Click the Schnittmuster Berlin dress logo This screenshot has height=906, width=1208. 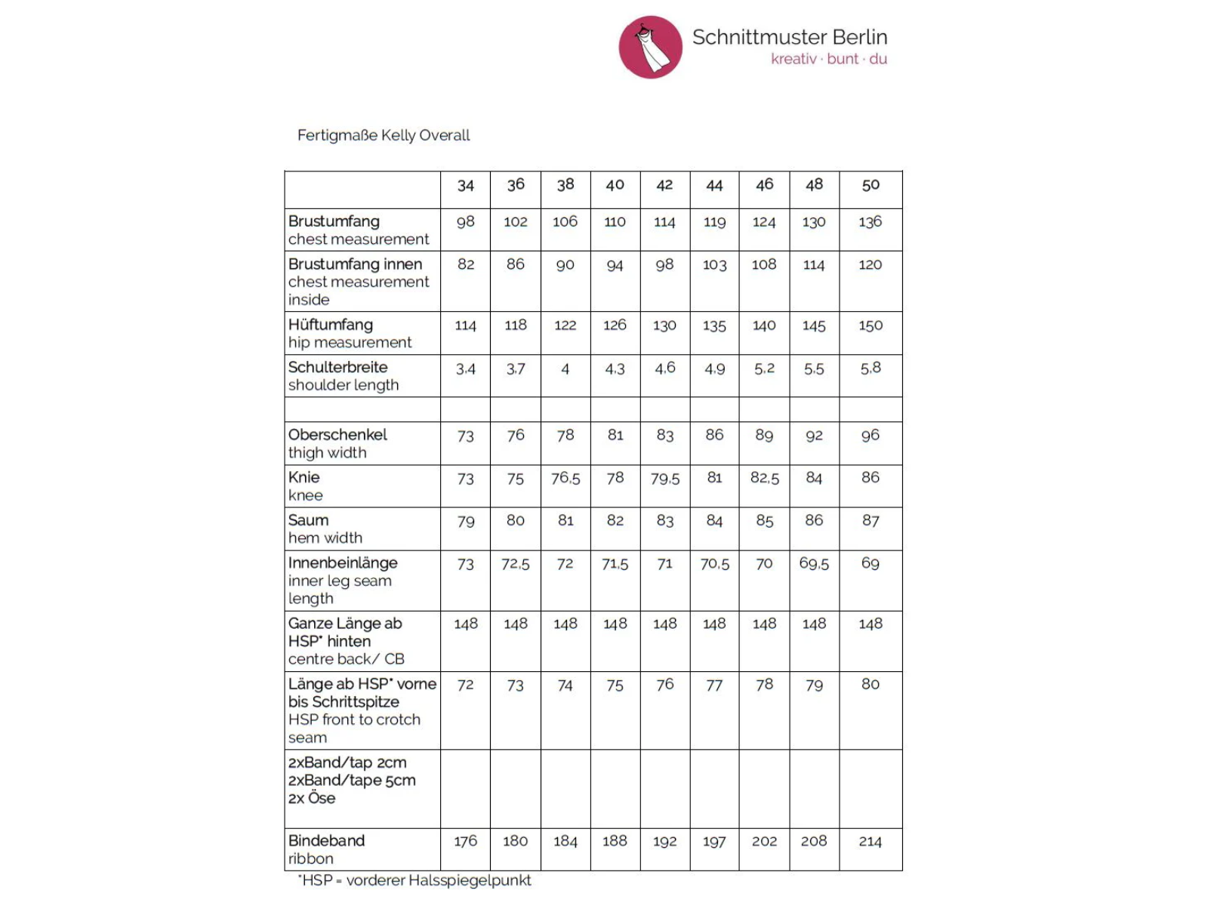650,47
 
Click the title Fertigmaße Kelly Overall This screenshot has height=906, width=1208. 384,135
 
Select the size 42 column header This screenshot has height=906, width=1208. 664,185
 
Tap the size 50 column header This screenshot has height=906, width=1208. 871,185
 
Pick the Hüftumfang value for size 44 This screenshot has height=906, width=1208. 714,325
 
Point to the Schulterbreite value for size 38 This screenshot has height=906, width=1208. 565,369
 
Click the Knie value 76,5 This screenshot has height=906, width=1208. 565,478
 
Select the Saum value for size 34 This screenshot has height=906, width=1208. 465,521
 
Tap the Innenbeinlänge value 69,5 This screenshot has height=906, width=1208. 814,563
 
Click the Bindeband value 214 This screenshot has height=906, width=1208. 871,841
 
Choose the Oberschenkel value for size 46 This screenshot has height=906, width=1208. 764,435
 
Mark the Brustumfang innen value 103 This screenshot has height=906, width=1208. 714,265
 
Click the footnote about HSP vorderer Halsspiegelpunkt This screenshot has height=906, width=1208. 414,880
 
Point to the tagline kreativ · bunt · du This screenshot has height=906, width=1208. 828,59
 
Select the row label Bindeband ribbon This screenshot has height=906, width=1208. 326,849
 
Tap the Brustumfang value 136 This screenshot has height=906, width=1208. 871,222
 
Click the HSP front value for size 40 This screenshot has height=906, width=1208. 615,686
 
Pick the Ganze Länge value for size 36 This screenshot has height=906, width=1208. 516,624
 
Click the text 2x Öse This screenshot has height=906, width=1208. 312,798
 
